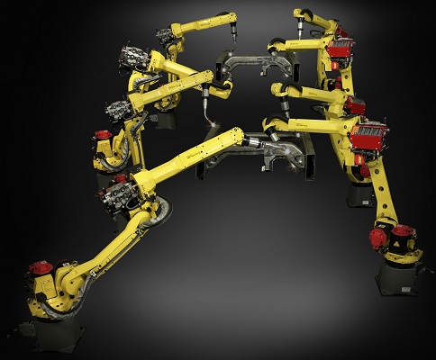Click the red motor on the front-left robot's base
pyautogui.click(x=38, y=267)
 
